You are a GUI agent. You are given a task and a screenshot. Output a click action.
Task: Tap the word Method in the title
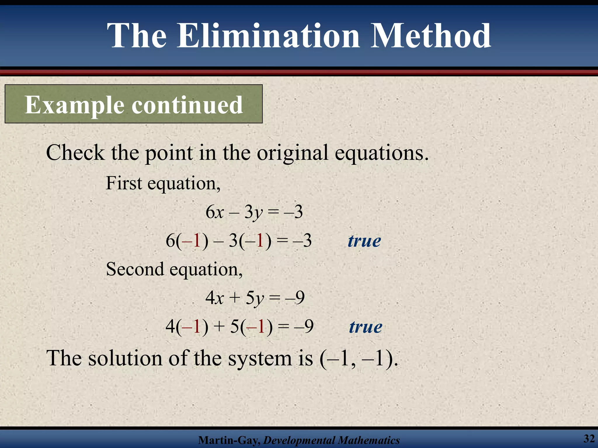click(x=431, y=36)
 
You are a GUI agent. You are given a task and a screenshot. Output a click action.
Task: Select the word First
click(x=124, y=183)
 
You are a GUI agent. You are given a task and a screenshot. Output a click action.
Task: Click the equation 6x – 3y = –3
click(x=254, y=212)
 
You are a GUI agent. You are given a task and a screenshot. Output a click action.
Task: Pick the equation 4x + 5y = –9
click(x=255, y=298)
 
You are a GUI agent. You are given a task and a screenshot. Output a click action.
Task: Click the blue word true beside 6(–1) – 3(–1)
click(x=364, y=241)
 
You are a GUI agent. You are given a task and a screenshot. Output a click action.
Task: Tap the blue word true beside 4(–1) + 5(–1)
click(x=366, y=327)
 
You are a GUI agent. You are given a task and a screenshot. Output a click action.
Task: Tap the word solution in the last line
click(x=125, y=358)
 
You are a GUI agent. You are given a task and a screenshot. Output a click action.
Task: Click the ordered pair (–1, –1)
click(x=359, y=358)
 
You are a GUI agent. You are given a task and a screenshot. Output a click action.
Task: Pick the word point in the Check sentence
click(x=169, y=153)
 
